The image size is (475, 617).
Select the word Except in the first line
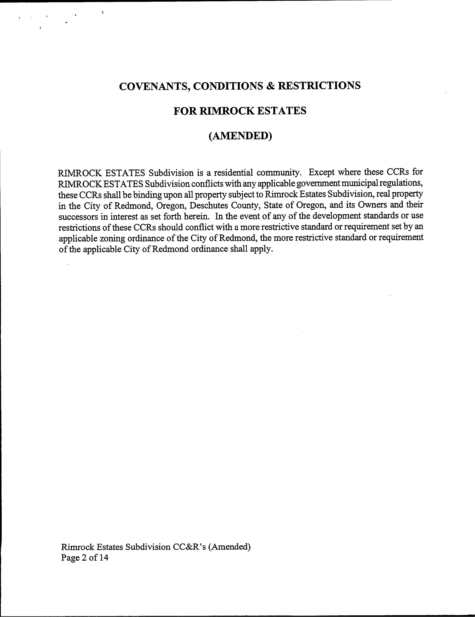322,172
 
